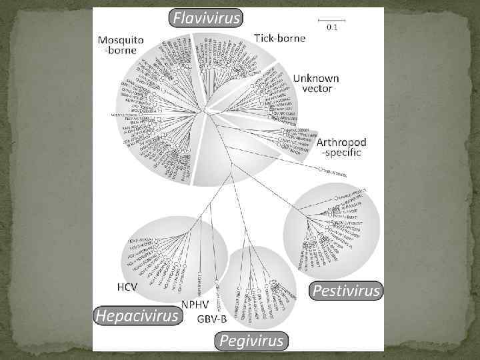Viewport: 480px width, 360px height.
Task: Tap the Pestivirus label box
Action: pyautogui.click(x=346, y=291)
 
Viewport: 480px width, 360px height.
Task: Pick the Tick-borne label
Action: pyautogui.click(x=280, y=38)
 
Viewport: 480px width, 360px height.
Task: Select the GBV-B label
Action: pyautogui.click(x=212, y=318)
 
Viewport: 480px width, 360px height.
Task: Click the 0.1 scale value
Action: pyautogui.click(x=331, y=27)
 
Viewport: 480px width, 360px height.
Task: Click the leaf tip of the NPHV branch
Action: pyautogui.click(x=199, y=274)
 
